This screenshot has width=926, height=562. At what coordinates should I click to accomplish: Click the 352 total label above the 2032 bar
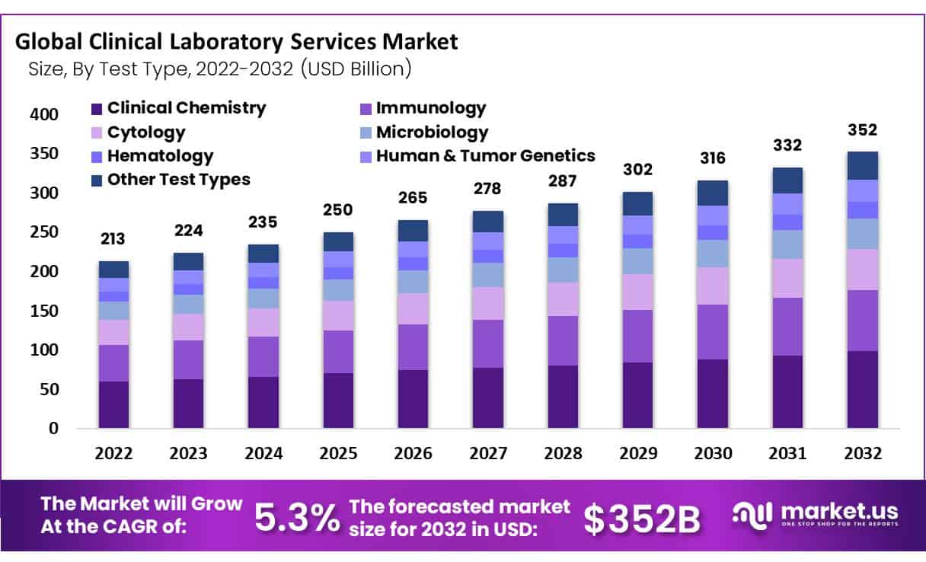862,129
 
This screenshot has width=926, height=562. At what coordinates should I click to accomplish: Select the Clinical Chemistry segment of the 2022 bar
113,404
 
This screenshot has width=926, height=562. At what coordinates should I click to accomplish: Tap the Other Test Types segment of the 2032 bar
862,165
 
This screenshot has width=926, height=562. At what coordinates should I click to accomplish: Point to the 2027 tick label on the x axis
488,453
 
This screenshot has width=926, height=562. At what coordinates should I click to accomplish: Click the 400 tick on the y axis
43,115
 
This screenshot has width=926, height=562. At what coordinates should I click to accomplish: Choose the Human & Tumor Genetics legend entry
485,156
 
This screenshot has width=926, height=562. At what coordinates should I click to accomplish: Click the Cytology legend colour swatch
96,133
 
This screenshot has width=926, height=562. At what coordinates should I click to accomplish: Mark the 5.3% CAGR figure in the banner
295,518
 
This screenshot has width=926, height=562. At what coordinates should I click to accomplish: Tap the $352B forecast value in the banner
641,519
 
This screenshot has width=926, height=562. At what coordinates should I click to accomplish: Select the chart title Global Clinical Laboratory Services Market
237,41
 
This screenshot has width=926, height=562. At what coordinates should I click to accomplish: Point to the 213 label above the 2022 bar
113,239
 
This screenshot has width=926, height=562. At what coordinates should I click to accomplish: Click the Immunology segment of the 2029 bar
638,336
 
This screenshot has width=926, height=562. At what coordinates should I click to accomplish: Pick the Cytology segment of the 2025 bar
338,315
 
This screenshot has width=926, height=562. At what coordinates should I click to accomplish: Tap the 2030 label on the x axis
713,453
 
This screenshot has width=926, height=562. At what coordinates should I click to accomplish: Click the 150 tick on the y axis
43,311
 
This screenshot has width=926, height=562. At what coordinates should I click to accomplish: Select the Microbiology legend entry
432,133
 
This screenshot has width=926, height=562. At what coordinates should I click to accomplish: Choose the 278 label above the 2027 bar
488,188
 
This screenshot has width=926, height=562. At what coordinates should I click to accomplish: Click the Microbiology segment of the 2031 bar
787,244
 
